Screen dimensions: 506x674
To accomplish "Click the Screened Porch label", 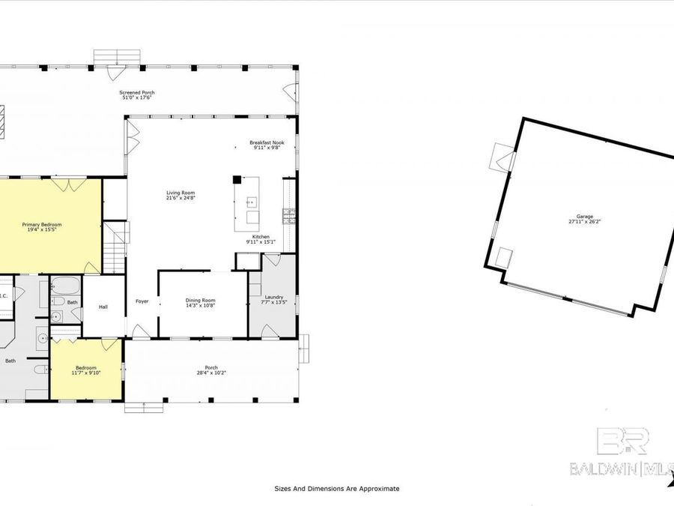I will coord(138,95).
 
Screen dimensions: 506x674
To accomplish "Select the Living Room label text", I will coord(180,196).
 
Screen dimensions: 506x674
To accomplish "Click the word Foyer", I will coord(142,301).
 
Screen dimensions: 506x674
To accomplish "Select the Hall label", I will coord(104,306).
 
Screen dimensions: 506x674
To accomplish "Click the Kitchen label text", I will coord(261,239).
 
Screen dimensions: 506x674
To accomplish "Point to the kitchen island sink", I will coord(251,202).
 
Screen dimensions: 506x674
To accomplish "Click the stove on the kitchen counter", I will coord(288,216).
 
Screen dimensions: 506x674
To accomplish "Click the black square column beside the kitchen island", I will coord(237,180).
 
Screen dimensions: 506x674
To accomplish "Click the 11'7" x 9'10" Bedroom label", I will coord(85,370).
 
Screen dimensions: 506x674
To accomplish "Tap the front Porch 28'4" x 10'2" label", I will coord(211,370).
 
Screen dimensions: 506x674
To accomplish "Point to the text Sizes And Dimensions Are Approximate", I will coord(336,488).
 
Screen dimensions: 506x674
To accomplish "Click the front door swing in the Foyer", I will coord(136,330).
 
